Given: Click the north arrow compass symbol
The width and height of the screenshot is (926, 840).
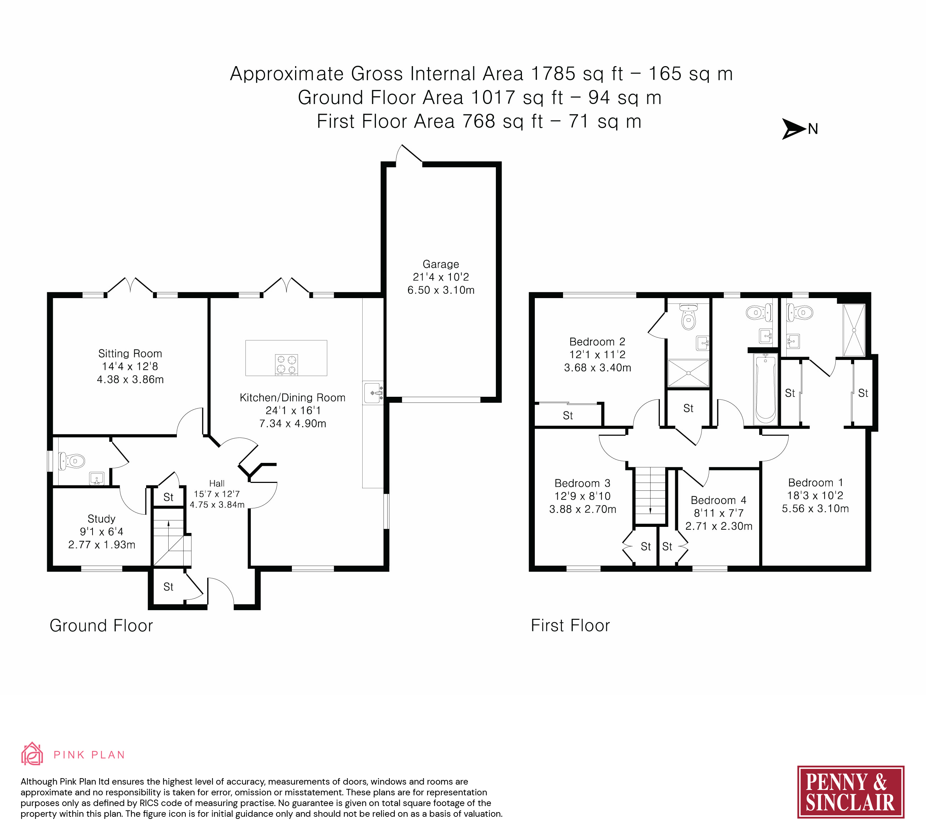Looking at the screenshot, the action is (794, 129).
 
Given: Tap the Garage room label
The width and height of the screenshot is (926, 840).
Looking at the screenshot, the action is (440, 264).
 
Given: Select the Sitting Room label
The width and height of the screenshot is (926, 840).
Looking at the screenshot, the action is (130, 354).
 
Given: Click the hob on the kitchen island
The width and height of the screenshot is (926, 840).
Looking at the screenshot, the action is (286, 364).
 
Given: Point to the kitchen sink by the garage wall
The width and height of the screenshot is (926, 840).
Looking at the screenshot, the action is (373, 393).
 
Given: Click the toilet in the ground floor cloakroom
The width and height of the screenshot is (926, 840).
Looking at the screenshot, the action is (72, 460).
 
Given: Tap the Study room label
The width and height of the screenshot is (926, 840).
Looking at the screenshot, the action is (101, 519).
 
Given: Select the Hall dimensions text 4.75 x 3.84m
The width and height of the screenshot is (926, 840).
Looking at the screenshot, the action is (217, 505).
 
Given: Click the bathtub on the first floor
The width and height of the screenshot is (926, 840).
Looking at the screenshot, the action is (765, 389).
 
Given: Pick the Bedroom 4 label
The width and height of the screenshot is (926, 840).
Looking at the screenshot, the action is (718, 500).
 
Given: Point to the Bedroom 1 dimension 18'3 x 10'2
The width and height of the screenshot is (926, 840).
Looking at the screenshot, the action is (815, 495).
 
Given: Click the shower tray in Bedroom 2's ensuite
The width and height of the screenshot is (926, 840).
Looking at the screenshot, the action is (688, 373).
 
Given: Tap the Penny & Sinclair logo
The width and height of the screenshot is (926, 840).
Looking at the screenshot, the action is (851, 792).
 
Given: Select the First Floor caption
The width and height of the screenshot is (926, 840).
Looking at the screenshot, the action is (570, 626).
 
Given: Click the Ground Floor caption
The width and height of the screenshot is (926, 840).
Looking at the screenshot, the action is (101, 626).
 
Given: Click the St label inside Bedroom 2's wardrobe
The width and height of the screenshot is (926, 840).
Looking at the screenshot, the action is (568, 415).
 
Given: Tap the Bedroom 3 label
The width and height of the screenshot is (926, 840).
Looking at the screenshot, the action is (582, 483).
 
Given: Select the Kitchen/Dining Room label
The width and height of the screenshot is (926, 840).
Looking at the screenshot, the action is (293, 397).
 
